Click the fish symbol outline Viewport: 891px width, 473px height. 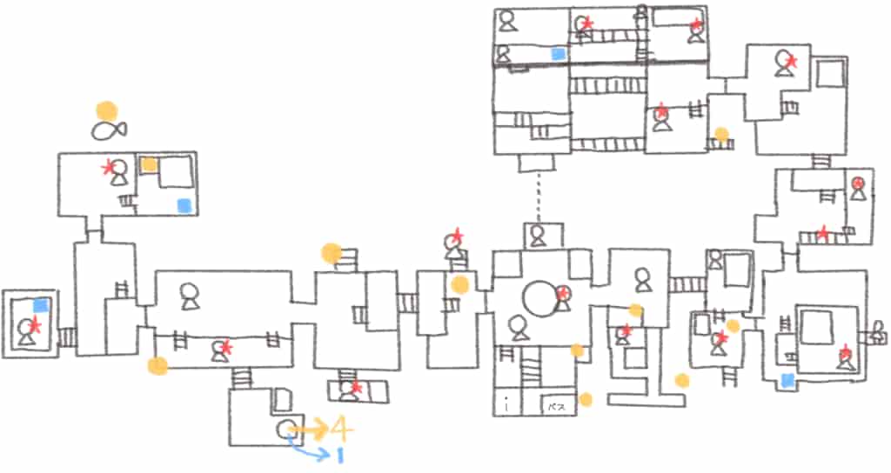[109, 130]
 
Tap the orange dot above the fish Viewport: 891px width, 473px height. [106, 111]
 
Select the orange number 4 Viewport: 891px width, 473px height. [340, 429]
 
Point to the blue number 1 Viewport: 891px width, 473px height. [340, 454]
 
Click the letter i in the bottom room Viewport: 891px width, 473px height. [506, 405]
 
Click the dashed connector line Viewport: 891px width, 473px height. [539, 196]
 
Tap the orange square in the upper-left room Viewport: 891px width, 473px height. [150, 164]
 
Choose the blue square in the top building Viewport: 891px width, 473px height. [558, 54]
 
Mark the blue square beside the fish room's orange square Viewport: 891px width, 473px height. [184, 205]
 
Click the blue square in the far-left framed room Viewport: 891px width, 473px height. [40, 304]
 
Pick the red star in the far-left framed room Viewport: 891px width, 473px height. [35, 324]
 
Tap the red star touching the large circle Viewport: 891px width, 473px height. [563, 294]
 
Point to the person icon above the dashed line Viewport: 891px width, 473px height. [538, 234]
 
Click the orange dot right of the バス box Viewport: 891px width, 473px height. [586, 399]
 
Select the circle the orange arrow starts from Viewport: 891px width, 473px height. [284, 428]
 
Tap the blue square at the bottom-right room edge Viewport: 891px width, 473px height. [787, 379]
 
